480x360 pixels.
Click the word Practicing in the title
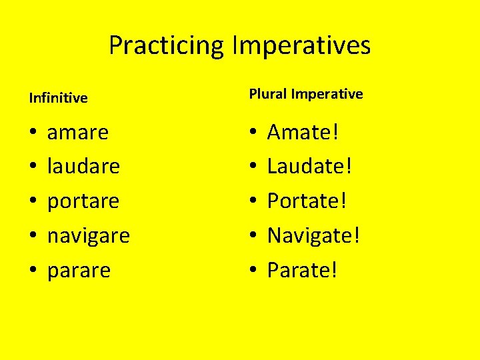167,46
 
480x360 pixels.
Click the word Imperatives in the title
301,46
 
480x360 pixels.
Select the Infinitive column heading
59,98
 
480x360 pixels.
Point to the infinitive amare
78,132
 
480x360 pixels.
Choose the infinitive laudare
83,166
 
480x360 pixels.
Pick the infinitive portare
83,201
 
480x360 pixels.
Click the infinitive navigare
89,236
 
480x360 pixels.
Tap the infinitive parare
79,271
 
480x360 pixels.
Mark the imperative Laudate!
309,166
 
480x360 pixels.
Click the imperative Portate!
307,201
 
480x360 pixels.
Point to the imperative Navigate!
313,235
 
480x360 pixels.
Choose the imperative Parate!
303,270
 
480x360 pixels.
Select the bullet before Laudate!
253,167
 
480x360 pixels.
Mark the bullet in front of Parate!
253,271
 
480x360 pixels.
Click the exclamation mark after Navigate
357,235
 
